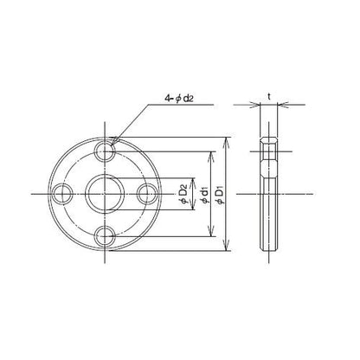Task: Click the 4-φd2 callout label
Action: (x=178, y=99)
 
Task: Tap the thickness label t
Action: (x=269, y=97)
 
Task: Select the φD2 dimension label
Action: (x=185, y=195)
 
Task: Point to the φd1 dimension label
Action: (x=204, y=195)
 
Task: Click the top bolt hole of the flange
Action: (x=105, y=151)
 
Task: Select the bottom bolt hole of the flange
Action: (x=105, y=236)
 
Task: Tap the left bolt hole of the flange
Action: (x=62, y=194)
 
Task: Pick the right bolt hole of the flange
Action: (x=147, y=194)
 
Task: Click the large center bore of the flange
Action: (x=105, y=194)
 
